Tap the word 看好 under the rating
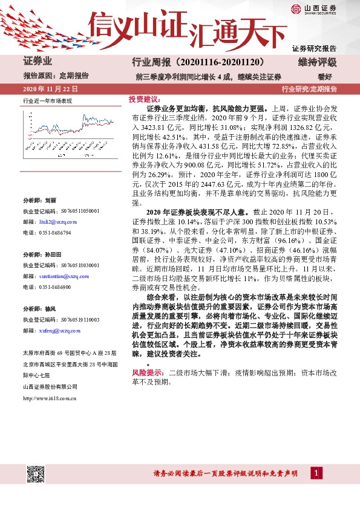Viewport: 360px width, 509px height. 326,76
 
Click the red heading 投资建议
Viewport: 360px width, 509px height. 143,99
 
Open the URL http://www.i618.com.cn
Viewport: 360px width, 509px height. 50,397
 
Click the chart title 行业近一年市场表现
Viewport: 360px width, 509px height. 47,100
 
